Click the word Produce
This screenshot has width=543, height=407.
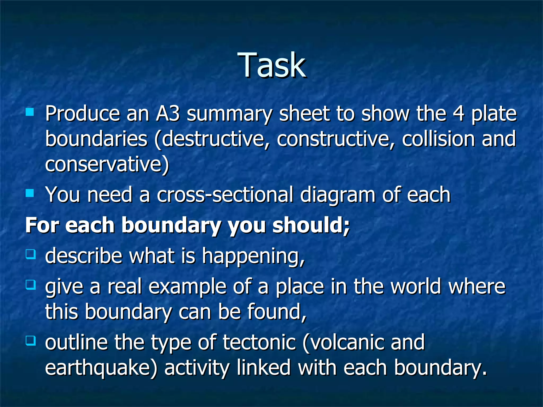(82, 114)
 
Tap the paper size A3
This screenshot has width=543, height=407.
(168, 114)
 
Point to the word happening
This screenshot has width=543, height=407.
(253, 256)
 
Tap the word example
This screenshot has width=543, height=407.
(187, 287)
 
